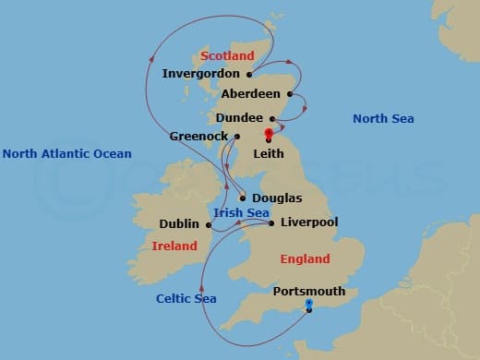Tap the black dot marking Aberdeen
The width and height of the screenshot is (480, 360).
(x=290, y=94)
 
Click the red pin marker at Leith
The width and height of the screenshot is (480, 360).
(x=269, y=135)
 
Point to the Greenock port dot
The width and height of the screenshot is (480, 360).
(x=237, y=137)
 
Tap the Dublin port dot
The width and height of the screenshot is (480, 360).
(x=209, y=223)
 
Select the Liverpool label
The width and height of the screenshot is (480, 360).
(x=308, y=222)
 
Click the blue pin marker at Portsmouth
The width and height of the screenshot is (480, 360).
(x=308, y=304)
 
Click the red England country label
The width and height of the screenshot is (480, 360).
(x=305, y=261)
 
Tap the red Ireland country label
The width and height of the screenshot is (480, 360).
(x=175, y=246)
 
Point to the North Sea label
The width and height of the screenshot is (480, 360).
(x=383, y=118)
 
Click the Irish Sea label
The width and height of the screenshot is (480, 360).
(x=241, y=213)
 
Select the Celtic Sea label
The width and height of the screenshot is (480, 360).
(x=186, y=298)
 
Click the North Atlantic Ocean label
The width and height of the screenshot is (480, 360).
(x=66, y=154)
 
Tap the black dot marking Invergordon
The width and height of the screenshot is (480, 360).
(x=249, y=74)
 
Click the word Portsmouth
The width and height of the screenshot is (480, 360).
(x=309, y=291)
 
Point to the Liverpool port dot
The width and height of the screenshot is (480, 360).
(x=270, y=223)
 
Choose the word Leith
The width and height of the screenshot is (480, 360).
(x=269, y=154)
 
